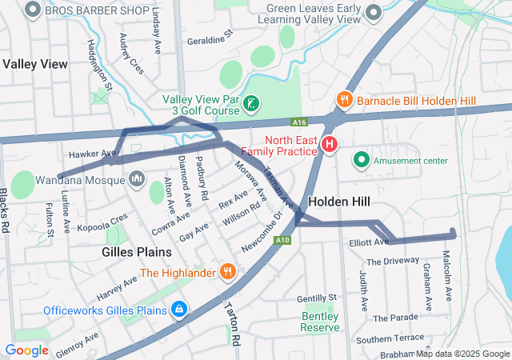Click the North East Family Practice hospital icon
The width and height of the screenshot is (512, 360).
[329, 144]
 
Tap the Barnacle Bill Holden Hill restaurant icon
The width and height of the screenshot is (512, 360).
[344, 100]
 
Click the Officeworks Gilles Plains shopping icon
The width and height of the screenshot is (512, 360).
[178, 309]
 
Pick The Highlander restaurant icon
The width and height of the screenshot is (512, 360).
[228, 272]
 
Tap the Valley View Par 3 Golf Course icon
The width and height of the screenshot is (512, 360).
[250, 103]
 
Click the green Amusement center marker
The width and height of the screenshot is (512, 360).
[362, 160]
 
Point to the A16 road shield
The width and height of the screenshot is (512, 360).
[298, 122]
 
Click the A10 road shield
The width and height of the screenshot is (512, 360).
[282, 239]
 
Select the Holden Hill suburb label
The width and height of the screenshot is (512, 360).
[338, 202]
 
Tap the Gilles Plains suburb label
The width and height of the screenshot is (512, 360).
[137, 252]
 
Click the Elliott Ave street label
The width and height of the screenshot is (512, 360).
[369, 242]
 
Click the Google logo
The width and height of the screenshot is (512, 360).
[26, 350]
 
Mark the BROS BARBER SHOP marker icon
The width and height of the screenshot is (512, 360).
[33, 10]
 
